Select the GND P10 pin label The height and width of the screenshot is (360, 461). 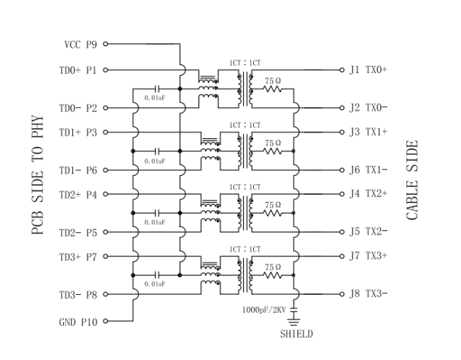pyautogui.click(x=78, y=322)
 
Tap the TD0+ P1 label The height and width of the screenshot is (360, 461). pyautogui.click(x=78, y=70)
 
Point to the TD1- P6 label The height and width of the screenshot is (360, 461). pyautogui.click(x=78, y=170)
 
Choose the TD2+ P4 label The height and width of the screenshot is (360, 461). pyautogui.click(x=78, y=193)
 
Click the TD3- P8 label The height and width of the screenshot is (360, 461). pyautogui.click(x=78, y=293)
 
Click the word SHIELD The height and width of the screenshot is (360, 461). pyautogui.click(x=296, y=334)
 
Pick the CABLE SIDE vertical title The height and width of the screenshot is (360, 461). pyautogui.click(x=413, y=179)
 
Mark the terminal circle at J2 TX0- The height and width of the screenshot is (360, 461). pyautogui.click(x=342, y=108)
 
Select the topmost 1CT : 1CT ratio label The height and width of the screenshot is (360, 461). pyautogui.click(x=245, y=64)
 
